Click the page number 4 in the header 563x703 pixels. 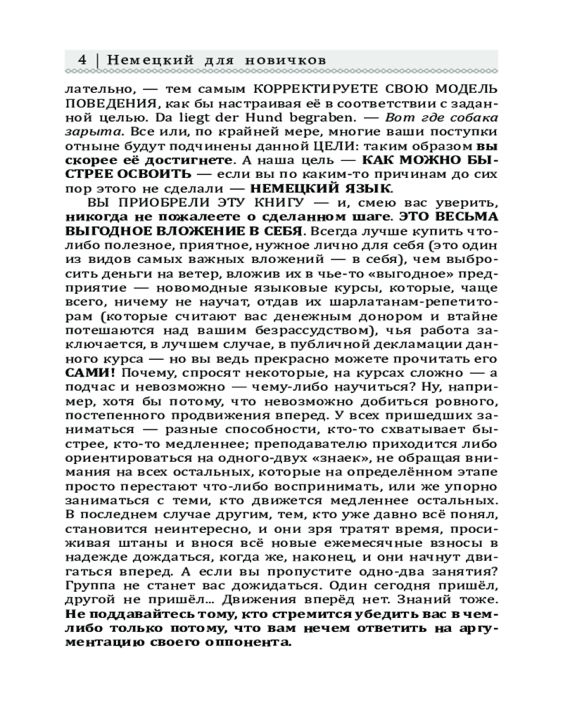pos(82,60)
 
